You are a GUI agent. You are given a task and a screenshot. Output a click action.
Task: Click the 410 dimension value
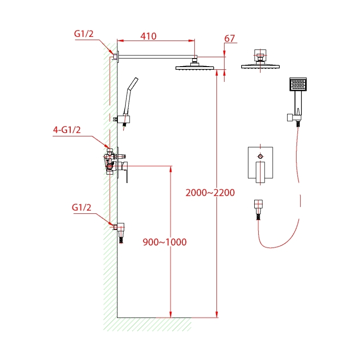tap(148, 36)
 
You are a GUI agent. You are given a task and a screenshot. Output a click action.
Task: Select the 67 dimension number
tap(229, 39)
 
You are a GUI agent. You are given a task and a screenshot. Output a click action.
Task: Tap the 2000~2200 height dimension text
tap(211, 193)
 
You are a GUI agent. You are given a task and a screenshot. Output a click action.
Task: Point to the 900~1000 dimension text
tap(164, 242)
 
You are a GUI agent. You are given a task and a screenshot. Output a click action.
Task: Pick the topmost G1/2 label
tap(84, 34)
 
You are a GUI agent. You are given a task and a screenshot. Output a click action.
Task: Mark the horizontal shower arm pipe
tap(155, 56)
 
